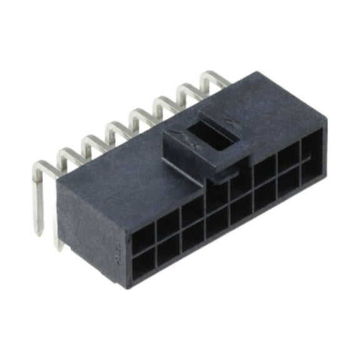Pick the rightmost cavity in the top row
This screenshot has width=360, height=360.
(x=311, y=147)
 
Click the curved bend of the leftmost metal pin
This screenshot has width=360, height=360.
(x=41, y=167)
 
